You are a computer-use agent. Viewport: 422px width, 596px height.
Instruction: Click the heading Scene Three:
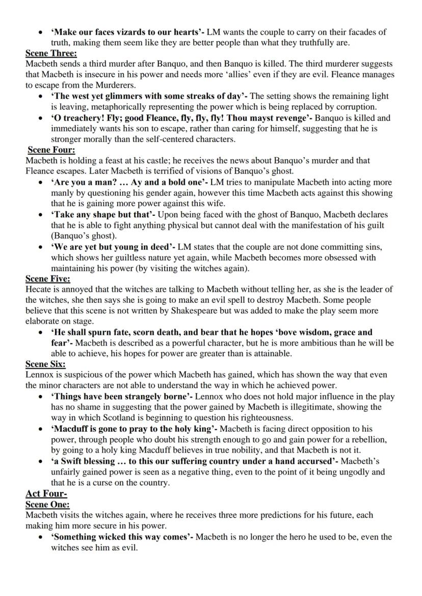[51, 53]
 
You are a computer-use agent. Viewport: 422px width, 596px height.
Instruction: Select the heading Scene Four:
[51, 150]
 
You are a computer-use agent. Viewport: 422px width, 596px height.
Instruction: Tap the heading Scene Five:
[48, 278]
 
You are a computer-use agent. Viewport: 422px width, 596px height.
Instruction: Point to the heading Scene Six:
[45, 364]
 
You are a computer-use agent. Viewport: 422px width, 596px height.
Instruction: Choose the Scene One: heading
[47, 504]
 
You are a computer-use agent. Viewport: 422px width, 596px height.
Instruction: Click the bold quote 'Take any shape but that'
[102, 214]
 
